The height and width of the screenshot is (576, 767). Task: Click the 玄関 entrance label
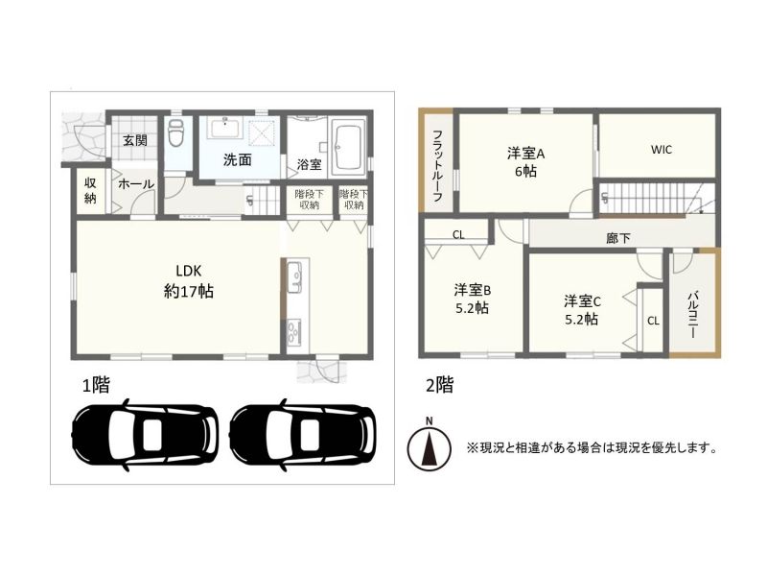coord(134,141)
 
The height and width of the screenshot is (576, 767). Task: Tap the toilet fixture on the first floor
coord(174,132)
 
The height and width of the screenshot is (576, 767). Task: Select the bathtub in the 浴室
coord(348,147)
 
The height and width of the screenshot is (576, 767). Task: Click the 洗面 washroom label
coord(237,160)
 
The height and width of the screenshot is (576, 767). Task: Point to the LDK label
coord(188,271)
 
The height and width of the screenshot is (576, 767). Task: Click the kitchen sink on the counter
coord(295,276)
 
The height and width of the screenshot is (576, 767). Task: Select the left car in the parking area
coord(145,435)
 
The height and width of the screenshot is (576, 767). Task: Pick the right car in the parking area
coord(303,435)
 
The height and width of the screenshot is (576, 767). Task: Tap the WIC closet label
coord(661,150)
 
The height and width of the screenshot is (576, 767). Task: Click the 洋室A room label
coord(525,154)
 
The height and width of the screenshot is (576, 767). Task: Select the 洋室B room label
coord(473,291)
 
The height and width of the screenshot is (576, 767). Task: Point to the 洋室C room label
coord(582,300)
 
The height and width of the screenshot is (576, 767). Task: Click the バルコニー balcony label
coord(692,316)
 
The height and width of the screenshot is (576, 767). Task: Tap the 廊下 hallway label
coord(617,238)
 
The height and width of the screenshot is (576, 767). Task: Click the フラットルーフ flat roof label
coord(438,165)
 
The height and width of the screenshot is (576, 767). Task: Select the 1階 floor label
coord(95,386)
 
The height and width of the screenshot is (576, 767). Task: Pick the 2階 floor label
coord(440,385)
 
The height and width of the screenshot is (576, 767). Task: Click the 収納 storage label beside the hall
coord(90,190)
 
